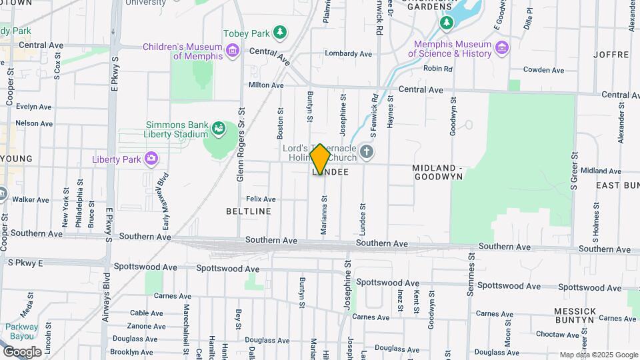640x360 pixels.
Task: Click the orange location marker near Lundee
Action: coord(320,159)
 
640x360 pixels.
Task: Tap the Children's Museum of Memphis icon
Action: coord(232,51)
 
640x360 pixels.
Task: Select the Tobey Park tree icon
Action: coord(281,32)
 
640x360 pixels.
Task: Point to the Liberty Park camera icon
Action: coord(151,159)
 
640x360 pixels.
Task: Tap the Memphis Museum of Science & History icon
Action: coord(501,47)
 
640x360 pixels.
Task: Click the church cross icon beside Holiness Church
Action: coord(366,153)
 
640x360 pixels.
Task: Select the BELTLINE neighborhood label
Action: coord(249,211)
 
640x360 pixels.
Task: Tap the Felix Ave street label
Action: coord(261,199)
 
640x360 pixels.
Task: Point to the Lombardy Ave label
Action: coord(347,53)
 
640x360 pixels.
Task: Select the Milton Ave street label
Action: coord(266,85)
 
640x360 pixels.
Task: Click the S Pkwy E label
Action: coord(25,263)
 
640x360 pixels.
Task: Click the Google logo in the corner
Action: coord(22,352)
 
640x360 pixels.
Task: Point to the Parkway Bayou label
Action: coord(22,331)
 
